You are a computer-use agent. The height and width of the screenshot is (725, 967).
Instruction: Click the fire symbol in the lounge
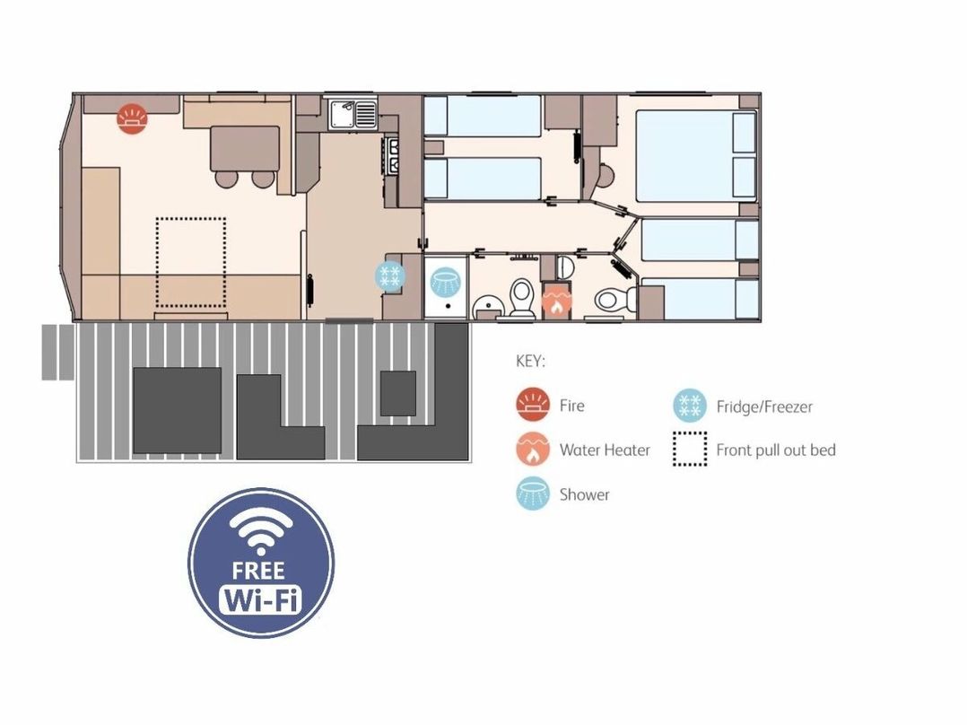(133, 118)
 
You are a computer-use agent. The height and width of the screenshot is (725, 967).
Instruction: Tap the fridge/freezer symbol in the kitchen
(390, 275)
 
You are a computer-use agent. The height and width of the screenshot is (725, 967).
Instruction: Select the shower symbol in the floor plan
(445, 282)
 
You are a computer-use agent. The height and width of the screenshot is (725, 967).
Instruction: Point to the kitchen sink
(353, 114)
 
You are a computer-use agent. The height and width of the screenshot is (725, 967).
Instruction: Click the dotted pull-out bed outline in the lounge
(190, 262)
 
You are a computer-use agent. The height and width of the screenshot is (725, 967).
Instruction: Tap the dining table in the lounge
(245, 149)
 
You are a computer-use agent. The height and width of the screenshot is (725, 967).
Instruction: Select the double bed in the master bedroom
(696, 155)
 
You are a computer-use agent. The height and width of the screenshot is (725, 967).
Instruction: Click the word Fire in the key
(571, 406)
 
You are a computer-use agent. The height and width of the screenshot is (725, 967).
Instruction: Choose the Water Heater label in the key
(605, 450)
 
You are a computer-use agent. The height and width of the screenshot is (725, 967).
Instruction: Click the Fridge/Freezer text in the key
(764, 406)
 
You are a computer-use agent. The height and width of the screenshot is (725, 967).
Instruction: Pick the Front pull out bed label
(776, 450)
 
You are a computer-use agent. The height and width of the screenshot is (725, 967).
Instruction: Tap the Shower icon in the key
(533, 494)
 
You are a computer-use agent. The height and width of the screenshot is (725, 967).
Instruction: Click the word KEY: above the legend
(530, 361)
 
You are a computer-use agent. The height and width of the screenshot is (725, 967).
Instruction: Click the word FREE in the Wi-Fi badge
(259, 570)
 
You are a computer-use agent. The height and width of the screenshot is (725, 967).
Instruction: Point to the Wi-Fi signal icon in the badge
(259, 527)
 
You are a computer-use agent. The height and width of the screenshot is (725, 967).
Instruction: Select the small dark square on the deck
(397, 393)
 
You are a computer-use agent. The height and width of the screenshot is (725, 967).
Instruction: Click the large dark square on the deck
(177, 410)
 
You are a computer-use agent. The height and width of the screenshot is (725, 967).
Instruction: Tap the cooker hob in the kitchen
(392, 155)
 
